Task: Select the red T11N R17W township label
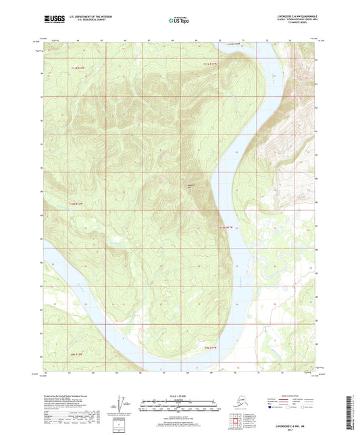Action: coord(211,63)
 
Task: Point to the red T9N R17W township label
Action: coord(211,347)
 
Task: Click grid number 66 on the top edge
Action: coord(126,41)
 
